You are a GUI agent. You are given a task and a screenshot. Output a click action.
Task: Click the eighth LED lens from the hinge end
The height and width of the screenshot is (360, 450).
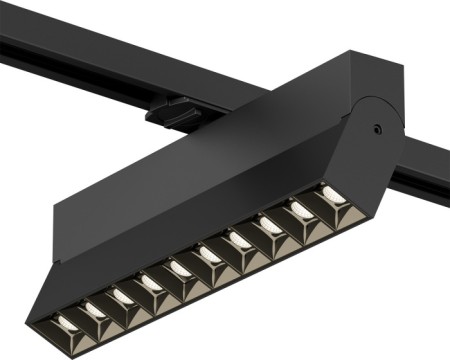[124, 297]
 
